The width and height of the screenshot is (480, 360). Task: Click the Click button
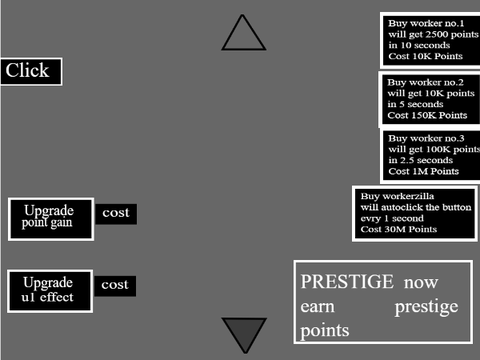pos(31,71)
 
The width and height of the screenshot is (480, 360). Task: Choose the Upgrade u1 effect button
pos(50,291)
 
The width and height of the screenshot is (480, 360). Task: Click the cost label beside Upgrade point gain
pos(116,213)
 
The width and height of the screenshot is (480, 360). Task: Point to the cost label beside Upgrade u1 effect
pos(115,285)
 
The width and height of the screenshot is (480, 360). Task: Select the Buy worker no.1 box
pos(431,40)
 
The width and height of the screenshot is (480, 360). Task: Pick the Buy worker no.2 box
pos(430,99)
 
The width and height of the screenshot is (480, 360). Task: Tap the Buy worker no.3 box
pos(431,155)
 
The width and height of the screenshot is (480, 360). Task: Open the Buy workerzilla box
pos(415,213)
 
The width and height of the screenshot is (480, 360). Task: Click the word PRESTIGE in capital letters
pos(347,282)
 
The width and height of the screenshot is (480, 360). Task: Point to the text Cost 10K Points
pos(425,56)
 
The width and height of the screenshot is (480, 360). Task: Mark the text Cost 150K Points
pos(427,115)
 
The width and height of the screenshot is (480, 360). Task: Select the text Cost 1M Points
pos(423,171)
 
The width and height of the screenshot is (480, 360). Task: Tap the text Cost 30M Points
pos(398,229)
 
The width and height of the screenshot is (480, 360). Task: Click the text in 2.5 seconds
pos(420,160)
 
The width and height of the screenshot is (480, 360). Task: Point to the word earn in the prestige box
pos(317,307)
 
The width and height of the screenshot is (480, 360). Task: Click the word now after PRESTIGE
pos(421,283)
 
